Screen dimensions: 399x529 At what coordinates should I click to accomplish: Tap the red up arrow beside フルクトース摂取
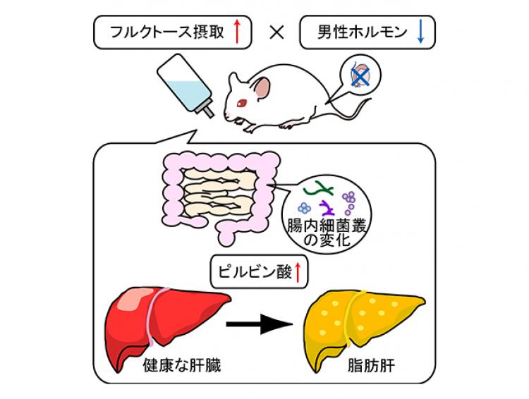[x=237, y=32]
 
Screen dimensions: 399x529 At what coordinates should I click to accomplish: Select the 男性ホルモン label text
[x=354, y=32]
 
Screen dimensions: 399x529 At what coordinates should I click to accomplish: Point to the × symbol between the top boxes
[x=277, y=32]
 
